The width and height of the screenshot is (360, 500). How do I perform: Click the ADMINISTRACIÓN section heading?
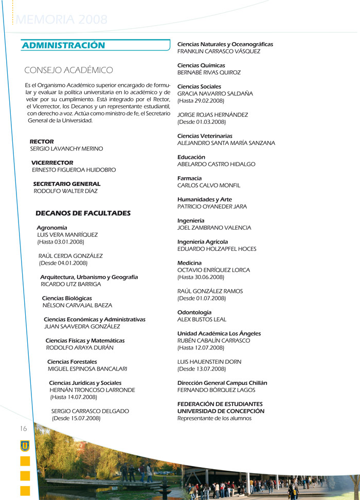[x=63, y=46]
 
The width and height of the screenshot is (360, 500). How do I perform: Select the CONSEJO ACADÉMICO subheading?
[x=68, y=70]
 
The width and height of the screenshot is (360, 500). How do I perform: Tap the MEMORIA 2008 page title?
[x=62, y=20]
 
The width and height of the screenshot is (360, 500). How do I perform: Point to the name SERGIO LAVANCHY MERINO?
[x=66, y=149]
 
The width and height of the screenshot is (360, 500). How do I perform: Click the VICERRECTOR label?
[x=52, y=162]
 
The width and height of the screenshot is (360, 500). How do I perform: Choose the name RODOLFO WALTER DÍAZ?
[x=65, y=191]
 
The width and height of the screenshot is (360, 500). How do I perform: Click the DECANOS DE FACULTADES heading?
[x=83, y=213]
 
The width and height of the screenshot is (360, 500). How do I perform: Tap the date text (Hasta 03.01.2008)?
[x=60, y=242]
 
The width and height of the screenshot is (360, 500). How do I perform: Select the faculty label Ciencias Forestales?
[x=72, y=362]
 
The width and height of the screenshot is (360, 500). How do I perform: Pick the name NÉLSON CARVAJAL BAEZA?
[x=77, y=305]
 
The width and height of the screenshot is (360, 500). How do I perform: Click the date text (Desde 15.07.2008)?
[x=76, y=418]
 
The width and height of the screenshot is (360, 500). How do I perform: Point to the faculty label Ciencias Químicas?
[x=201, y=65]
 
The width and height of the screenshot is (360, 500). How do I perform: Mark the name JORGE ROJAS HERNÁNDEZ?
[x=212, y=115]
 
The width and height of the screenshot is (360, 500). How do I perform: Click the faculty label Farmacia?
[x=189, y=178]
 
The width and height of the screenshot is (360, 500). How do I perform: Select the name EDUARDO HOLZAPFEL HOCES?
[x=217, y=249]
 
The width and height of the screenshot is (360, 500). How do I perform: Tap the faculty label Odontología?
[x=194, y=312]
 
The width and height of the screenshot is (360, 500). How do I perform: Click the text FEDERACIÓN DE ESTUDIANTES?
[x=220, y=404]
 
